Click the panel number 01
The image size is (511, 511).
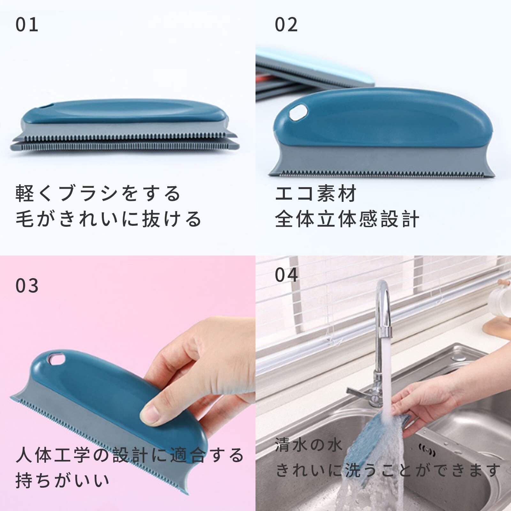click(x=27, y=25)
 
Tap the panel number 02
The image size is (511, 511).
click(x=286, y=25)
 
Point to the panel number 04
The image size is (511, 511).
click(x=286, y=275)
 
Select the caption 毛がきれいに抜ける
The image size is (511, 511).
click(x=108, y=219)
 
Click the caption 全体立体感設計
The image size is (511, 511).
click(x=347, y=219)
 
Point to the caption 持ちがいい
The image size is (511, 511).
click(x=63, y=480)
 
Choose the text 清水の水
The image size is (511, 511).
click(x=309, y=445)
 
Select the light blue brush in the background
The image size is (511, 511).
click(x=315, y=65)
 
